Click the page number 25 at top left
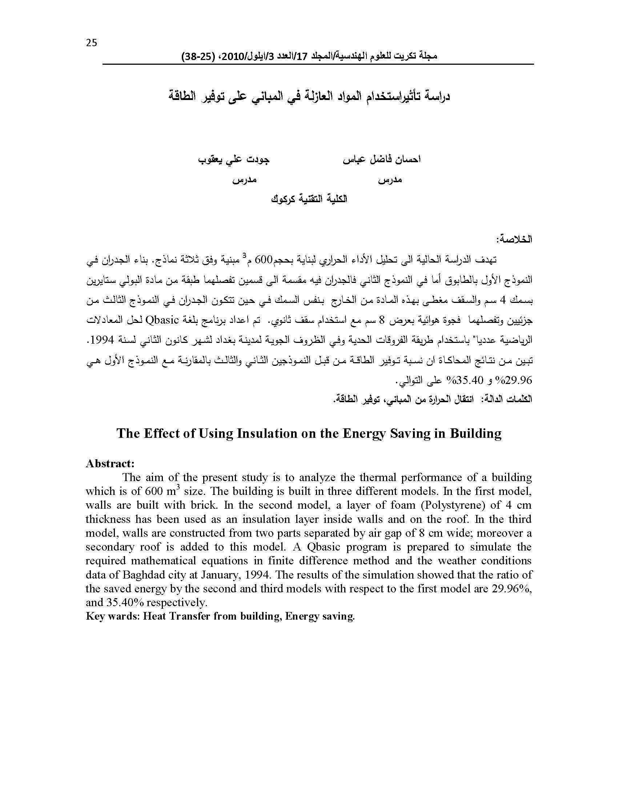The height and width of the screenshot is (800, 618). coord(92,43)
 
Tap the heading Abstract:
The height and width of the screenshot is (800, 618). coord(110,464)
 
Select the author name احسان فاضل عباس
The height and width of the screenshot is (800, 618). coord(381,160)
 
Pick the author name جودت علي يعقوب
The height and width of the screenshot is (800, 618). coord(234,160)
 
